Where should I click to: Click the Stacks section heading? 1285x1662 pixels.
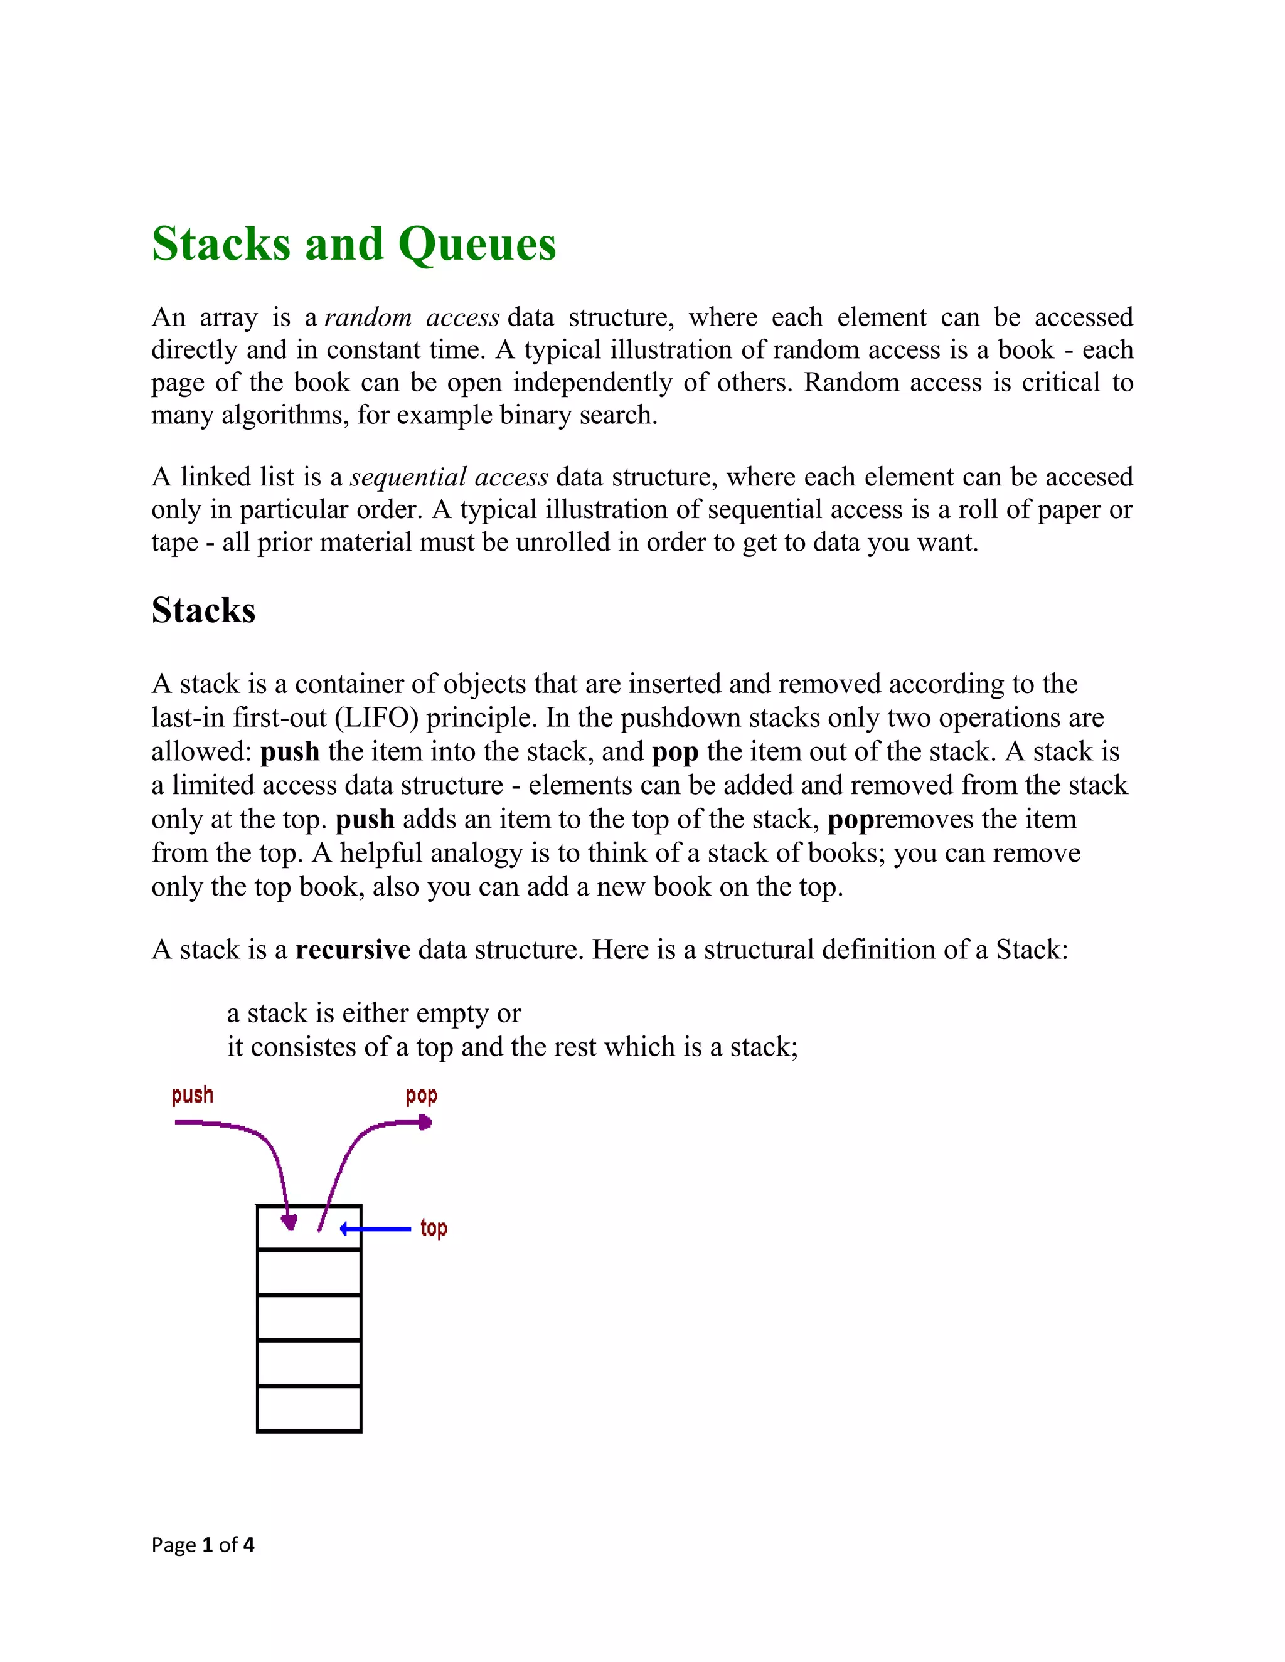click(203, 610)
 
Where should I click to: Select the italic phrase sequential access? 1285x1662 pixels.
click(449, 477)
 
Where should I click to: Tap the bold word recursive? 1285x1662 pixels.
click(353, 950)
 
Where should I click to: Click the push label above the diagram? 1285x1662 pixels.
click(192, 1095)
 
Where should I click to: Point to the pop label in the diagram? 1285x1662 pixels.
click(421, 1096)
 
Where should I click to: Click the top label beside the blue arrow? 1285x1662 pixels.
click(433, 1227)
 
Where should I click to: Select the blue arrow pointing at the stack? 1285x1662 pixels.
click(375, 1228)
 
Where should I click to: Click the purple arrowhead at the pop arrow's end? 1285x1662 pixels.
click(425, 1123)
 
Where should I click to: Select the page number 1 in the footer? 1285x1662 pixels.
click(206, 1545)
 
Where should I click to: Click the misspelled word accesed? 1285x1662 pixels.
click(1089, 477)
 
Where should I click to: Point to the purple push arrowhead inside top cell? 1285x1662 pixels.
click(289, 1222)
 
